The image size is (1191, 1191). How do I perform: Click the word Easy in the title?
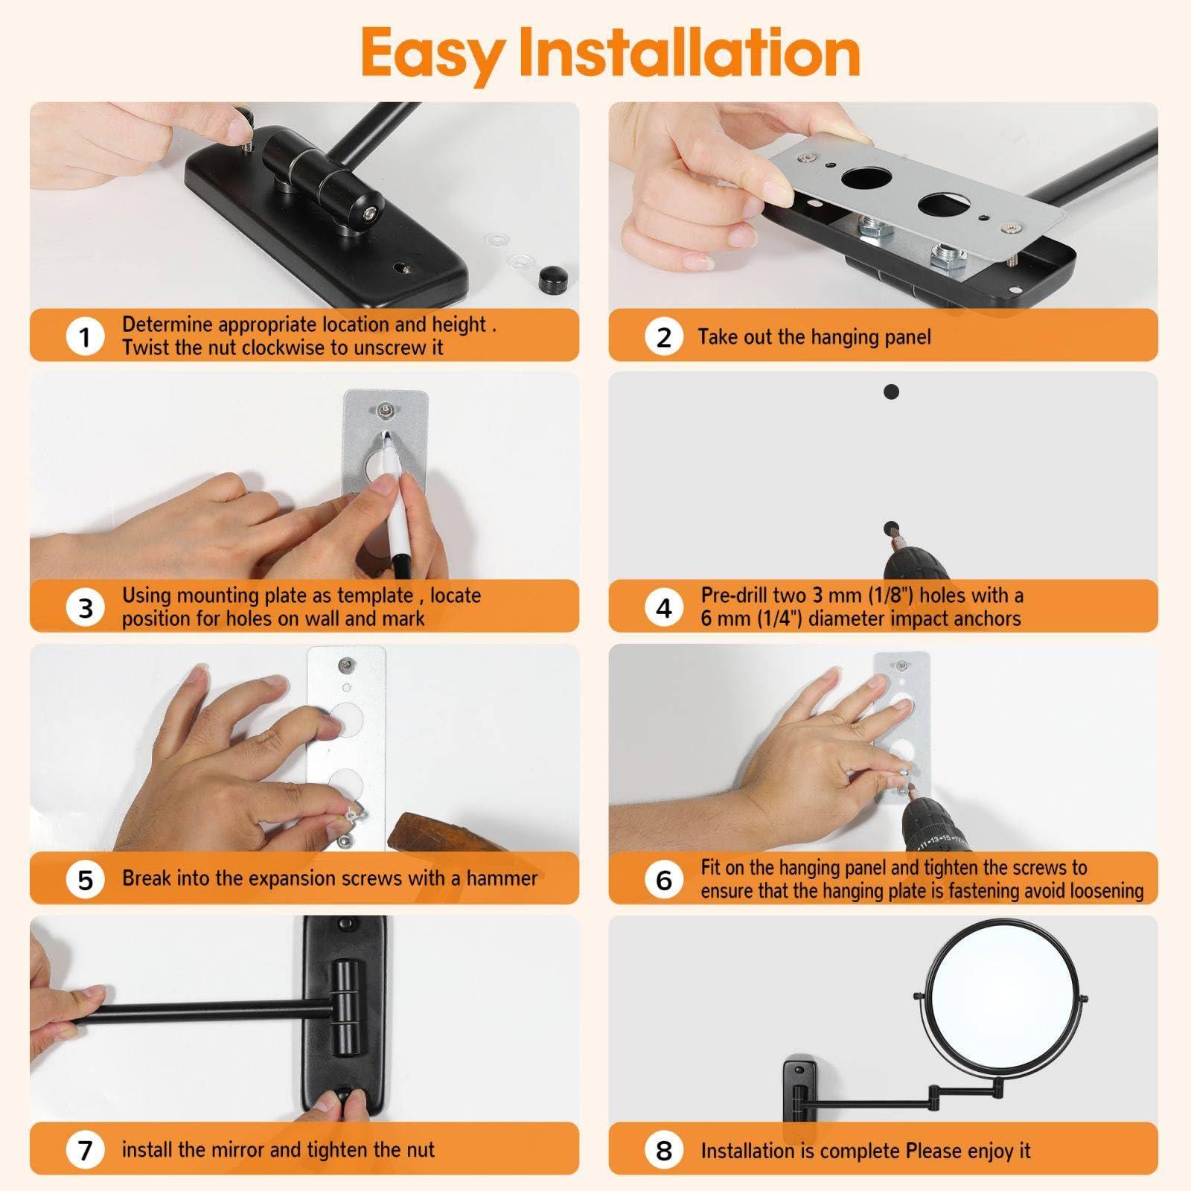click(x=431, y=54)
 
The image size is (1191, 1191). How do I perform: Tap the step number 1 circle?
click(x=85, y=336)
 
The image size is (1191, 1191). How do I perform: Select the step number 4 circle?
click(x=663, y=607)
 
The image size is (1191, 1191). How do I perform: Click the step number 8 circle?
click(x=663, y=1149)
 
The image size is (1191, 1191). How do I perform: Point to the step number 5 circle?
click(x=85, y=879)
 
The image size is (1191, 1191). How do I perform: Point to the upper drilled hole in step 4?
click(x=891, y=392)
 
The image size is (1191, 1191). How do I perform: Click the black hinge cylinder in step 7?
click(x=344, y=1004)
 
